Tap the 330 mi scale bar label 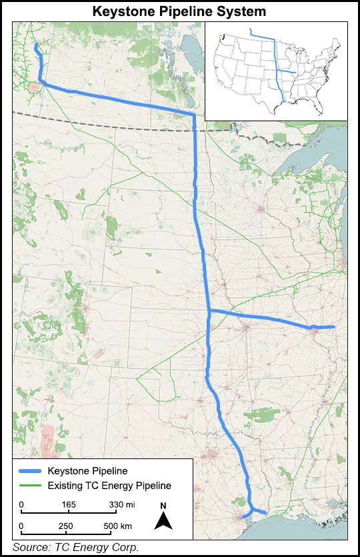coord(121,505)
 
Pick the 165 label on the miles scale coord(69,505)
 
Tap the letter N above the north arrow coord(163,506)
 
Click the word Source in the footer coord(30,548)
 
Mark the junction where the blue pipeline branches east coord(209,311)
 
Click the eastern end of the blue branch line coord(333,327)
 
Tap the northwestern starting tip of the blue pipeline coord(35,45)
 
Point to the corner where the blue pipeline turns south coord(193,115)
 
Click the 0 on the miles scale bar coord(21,505)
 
